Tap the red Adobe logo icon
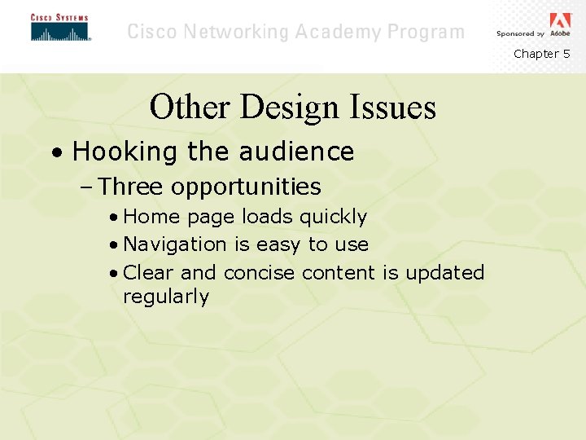click(x=561, y=20)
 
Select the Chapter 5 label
click(x=541, y=54)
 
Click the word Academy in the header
click(x=338, y=33)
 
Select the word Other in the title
click(x=189, y=107)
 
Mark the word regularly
click(x=166, y=297)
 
